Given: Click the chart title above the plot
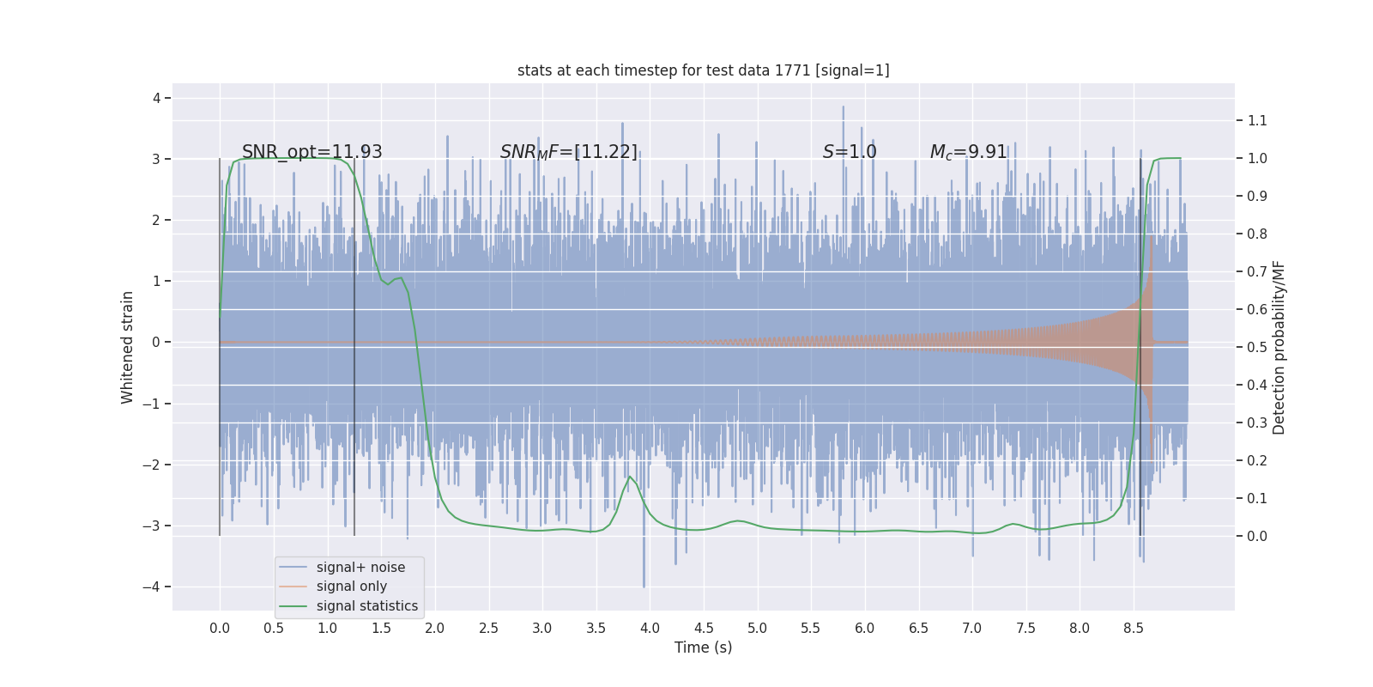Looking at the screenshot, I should click(703, 70).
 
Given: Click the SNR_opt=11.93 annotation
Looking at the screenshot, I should click(311, 152).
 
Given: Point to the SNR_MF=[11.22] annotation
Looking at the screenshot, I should click(568, 152).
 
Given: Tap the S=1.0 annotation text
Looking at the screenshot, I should click(849, 152).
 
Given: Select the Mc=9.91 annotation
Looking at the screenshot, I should click(967, 152).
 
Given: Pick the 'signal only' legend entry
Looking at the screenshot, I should click(351, 587).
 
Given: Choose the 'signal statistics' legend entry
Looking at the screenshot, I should click(366, 606).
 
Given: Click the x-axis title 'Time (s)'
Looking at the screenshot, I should click(703, 647).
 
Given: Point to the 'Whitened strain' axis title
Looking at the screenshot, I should click(128, 347).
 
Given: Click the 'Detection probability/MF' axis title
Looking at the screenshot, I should click(1279, 347).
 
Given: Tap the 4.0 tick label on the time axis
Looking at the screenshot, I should click(650, 628).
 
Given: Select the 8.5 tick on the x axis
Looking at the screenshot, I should click(1133, 628).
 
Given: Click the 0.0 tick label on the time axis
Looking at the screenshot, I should click(220, 628).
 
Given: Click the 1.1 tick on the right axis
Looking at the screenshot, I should click(1257, 120).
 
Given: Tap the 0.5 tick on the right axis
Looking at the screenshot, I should click(1257, 347).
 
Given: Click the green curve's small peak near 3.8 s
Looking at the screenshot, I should click(630, 477).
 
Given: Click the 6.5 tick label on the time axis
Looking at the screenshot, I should click(918, 628).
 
